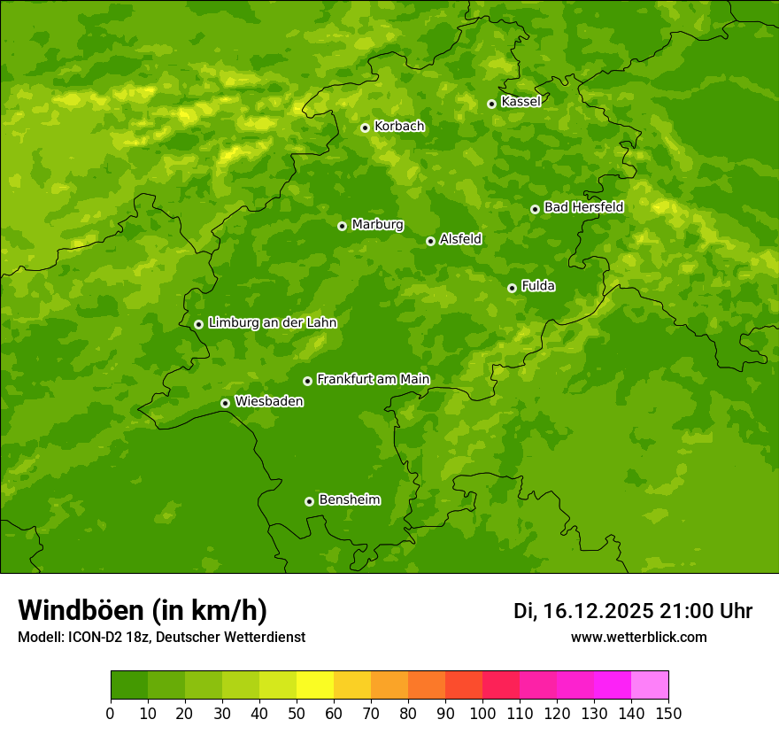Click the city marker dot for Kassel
pyautogui.click(x=491, y=104)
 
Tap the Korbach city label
pyautogui.click(x=399, y=126)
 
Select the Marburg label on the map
pyautogui.click(x=377, y=224)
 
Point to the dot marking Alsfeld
pyautogui.click(x=430, y=241)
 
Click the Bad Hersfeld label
pyautogui.click(x=583, y=207)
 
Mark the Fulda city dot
pyautogui.click(x=512, y=288)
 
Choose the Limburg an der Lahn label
pyautogui.click(x=272, y=322)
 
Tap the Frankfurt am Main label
pyautogui.click(x=373, y=379)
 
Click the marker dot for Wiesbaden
pyautogui.click(x=225, y=403)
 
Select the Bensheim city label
pyautogui.click(x=349, y=499)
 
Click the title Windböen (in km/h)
pyautogui.click(x=143, y=610)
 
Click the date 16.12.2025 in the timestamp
pyautogui.click(x=598, y=611)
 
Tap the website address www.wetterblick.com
pyautogui.click(x=638, y=637)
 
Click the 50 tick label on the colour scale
pyautogui.click(x=297, y=713)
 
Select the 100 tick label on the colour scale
pyautogui.click(x=482, y=713)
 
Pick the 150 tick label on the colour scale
pyautogui.click(x=668, y=713)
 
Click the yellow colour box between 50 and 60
pyautogui.click(x=315, y=685)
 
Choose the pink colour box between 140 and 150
pyautogui.click(x=650, y=685)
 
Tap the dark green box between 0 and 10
pyautogui.click(x=129, y=685)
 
